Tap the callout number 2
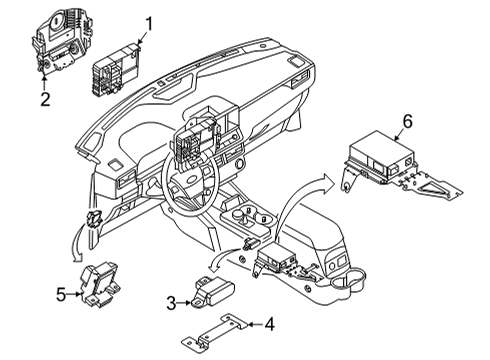point(44,98)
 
